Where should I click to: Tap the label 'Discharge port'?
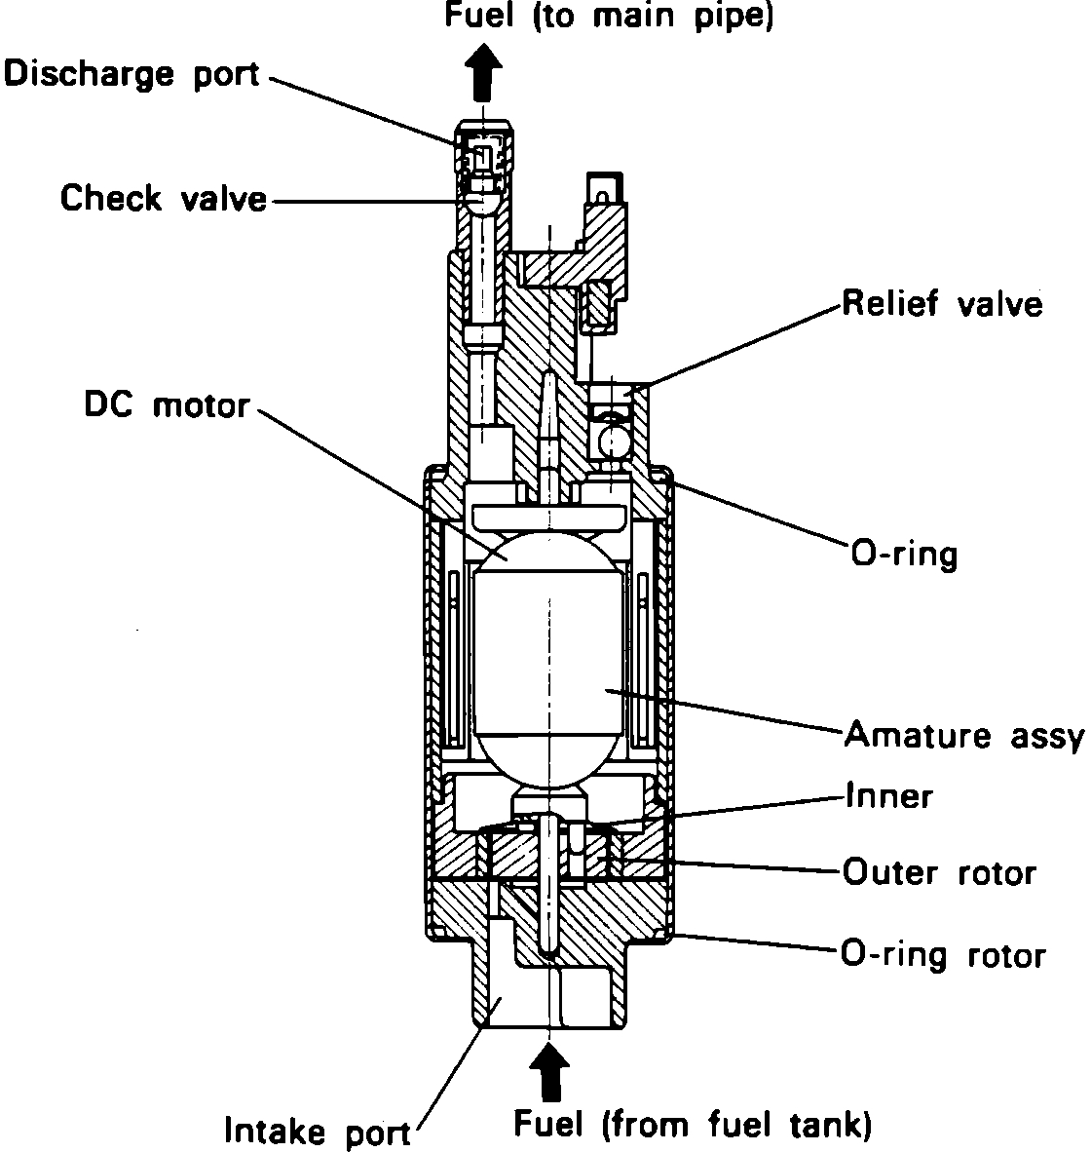click(132, 74)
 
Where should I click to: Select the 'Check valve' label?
click(163, 199)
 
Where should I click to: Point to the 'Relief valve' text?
click(942, 304)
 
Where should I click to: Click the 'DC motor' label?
click(167, 404)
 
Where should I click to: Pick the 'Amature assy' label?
click(962, 735)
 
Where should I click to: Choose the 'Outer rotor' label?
click(939, 871)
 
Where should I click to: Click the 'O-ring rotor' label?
click(943, 954)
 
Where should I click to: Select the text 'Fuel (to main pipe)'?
click(610, 17)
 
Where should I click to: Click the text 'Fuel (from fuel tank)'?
click(692, 1126)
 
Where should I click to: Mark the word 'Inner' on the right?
click(888, 796)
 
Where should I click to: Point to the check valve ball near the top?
click(482, 200)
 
